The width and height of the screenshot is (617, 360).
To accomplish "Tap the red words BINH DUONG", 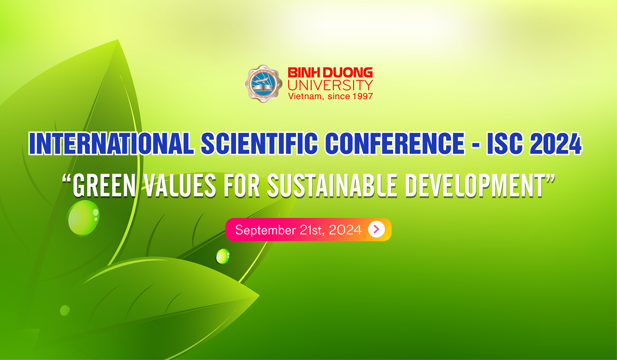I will (x=331, y=72).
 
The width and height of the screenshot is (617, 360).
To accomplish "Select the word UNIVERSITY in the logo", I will (x=331, y=85).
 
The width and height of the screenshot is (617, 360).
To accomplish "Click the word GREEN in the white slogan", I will (x=104, y=186).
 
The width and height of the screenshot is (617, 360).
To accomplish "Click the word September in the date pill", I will (x=265, y=230).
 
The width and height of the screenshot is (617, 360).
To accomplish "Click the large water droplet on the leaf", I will (x=83, y=218).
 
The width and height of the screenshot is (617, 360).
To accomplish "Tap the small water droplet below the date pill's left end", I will (x=223, y=256).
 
